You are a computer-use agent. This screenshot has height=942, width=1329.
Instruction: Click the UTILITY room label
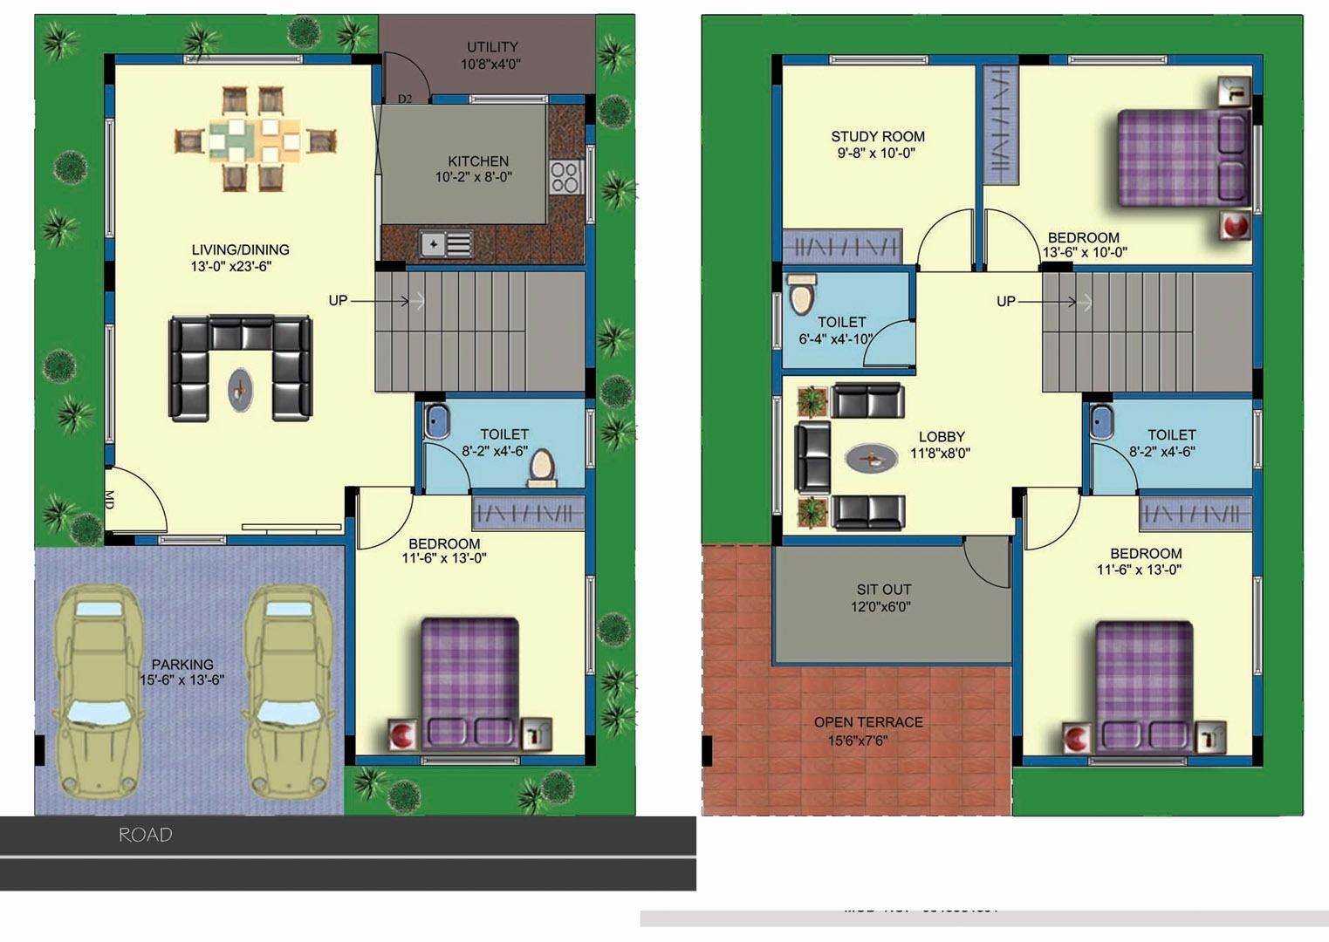coord(492,47)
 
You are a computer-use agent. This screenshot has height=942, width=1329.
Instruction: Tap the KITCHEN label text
coord(477,161)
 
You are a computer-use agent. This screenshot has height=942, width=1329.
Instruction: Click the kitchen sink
coord(445,244)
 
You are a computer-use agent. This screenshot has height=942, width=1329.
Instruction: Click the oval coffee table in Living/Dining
coord(241,389)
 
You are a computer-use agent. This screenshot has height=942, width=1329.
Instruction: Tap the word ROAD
coord(146,835)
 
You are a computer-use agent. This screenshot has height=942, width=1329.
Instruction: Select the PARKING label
coord(182,665)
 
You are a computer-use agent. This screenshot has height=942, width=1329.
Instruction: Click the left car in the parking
coord(98,691)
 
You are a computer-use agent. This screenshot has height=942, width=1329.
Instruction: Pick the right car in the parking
coord(288,691)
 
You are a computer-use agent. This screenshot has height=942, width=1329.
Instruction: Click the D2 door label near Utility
coord(405,99)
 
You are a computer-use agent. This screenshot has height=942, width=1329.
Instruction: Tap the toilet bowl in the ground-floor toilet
coord(542,467)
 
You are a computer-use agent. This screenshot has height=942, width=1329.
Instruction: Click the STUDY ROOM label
coord(877,137)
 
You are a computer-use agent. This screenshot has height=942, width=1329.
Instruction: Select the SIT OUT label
coord(883,590)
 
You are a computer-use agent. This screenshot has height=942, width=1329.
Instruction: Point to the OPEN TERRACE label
coord(867,722)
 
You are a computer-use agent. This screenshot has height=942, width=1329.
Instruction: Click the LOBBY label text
coord(942,437)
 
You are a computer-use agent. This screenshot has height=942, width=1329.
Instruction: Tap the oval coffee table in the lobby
coord(871,457)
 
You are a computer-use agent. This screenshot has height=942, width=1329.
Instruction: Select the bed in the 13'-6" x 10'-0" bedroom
coord(1183,158)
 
